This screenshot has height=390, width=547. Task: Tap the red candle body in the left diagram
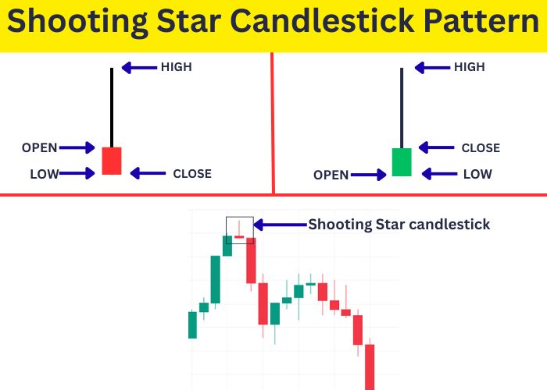(112, 161)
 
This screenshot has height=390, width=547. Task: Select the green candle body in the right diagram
(402, 161)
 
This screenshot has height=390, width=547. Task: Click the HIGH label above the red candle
(176, 67)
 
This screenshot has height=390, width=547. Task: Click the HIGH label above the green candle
(470, 67)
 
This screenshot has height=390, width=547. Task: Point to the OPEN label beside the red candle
(39, 147)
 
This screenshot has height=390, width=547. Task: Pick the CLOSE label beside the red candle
(192, 173)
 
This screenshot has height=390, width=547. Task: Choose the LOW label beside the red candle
(45, 174)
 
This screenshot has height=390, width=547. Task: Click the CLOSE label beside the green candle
(481, 148)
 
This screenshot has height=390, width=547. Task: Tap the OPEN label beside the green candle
(331, 175)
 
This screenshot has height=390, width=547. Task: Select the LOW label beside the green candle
(477, 174)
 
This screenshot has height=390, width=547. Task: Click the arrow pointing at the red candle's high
(139, 68)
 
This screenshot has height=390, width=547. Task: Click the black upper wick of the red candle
(112, 106)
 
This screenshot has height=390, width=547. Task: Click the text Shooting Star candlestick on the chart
(399, 225)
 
